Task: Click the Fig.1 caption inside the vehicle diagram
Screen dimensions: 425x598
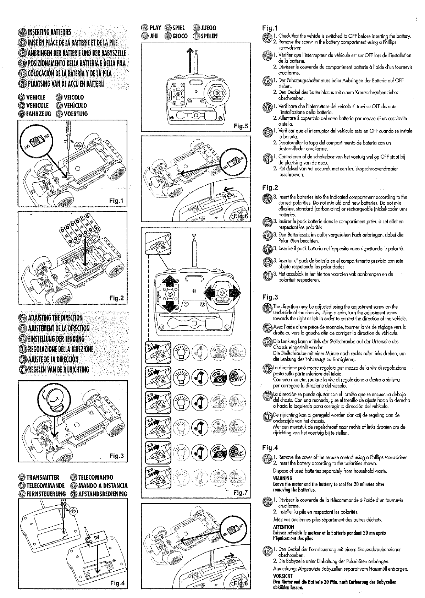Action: coord(116,201)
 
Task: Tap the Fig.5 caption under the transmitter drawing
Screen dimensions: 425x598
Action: coord(240,126)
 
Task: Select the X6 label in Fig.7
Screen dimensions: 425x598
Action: coord(150,471)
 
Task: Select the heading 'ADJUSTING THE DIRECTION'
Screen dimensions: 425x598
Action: coord(55,318)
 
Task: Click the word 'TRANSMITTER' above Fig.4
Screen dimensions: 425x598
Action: coord(43,478)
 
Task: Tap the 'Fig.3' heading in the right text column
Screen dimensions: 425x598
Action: coord(270,297)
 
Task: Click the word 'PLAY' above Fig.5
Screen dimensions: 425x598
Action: coord(155,28)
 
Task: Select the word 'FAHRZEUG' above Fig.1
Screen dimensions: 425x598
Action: coord(39,114)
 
